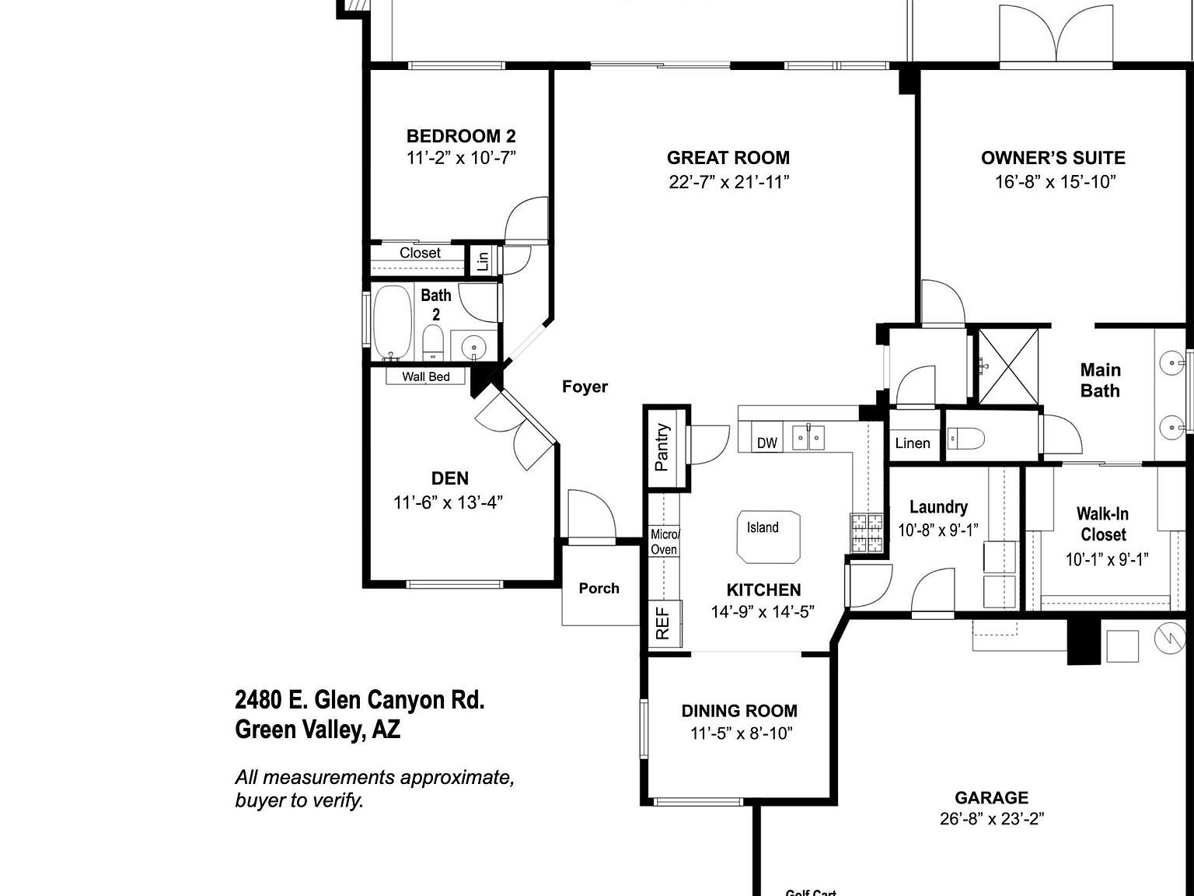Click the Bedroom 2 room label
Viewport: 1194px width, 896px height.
461,136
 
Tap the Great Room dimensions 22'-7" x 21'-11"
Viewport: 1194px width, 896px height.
728,182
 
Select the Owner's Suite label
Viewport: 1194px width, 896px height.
1053,158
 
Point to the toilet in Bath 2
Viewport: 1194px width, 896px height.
433,343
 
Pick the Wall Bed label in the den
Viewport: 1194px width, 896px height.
426,376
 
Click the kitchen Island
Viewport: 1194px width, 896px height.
768,535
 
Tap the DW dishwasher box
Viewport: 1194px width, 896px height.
767,443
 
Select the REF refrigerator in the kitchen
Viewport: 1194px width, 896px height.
664,624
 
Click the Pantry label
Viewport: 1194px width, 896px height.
662,447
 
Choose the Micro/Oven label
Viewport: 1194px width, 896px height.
665,542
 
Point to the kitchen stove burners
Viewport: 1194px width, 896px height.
867,534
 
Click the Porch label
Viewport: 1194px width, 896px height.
599,588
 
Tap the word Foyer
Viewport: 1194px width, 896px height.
585,387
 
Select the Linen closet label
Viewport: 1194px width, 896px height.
913,443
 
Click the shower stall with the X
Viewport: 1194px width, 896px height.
1008,366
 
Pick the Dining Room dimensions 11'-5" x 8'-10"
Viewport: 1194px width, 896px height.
741,733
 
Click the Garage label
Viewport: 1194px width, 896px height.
991,797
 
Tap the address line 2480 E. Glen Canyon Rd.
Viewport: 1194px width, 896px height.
360,700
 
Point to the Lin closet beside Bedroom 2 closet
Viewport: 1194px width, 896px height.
483,260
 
